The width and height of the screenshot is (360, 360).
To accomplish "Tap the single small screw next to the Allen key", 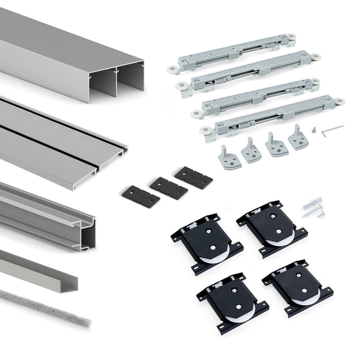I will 313,132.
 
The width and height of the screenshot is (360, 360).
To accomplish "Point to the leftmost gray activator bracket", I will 228,157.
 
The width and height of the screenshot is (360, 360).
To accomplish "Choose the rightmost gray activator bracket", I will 297,137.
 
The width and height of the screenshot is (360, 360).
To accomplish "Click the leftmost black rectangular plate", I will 140,196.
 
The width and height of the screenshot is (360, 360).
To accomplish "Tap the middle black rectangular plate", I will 169,188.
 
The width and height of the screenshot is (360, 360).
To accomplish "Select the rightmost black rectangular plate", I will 193,177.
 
